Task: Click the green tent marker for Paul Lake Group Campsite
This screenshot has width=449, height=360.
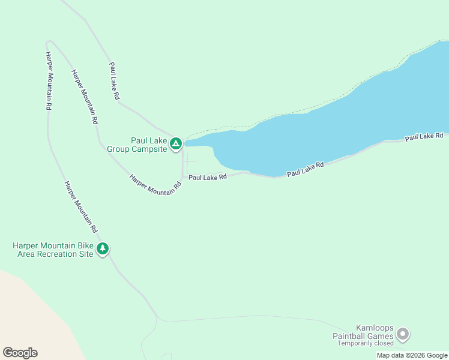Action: click(175, 143)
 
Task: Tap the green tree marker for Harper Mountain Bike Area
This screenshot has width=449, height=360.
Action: click(103, 248)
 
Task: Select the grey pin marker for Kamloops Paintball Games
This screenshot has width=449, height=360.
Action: click(403, 333)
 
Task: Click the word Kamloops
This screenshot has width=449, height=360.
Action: click(375, 328)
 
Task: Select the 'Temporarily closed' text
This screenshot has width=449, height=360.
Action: click(365, 343)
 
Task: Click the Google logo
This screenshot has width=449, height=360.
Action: click(20, 353)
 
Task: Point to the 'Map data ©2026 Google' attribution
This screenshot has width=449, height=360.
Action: click(412, 355)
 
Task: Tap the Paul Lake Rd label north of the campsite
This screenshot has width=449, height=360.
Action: click(114, 80)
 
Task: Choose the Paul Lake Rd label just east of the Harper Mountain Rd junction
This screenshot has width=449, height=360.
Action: click(207, 177)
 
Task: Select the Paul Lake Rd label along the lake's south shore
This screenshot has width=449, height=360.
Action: click(305, 169)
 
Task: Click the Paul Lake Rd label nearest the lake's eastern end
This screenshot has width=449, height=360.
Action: click(423, 137)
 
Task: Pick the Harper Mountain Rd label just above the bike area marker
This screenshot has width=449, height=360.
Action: click(80, 207)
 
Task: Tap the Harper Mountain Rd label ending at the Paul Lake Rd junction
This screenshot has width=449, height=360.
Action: click(155, 184)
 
